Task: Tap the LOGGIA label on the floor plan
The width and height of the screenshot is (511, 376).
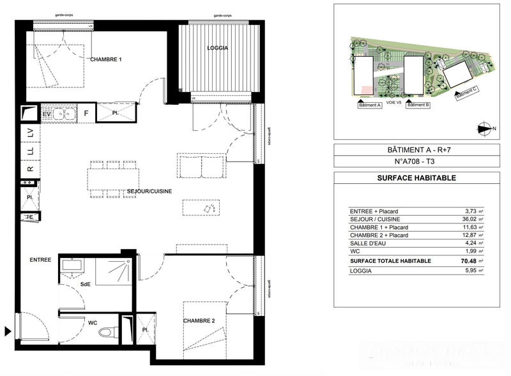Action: [217, 49]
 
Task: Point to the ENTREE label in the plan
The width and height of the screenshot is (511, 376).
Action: [40, 260]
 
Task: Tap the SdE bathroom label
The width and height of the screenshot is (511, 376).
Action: [84, 285]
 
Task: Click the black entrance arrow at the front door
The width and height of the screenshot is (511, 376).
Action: [8, 331]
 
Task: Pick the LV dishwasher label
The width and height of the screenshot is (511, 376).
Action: [30, 133]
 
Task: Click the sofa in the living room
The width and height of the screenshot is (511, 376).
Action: [201, 167]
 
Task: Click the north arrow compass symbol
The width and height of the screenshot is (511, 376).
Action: [484, 128]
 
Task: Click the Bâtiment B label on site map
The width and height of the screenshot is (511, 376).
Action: [418, 105]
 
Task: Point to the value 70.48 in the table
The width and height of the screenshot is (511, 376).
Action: [468, 260]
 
